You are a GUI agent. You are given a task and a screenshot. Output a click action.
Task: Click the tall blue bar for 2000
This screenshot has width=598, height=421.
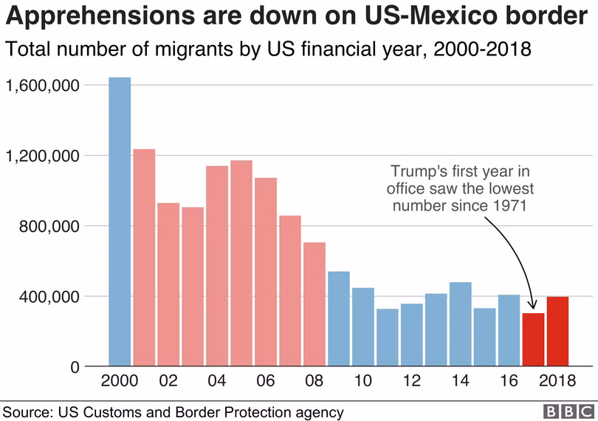coord(120,222)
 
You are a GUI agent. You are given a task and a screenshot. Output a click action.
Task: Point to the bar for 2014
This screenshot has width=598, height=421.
coord(460,324)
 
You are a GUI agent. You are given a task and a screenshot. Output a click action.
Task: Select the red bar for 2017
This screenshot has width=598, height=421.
coord(533,340)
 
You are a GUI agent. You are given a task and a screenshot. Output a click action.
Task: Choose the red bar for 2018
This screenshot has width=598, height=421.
coord(557,332)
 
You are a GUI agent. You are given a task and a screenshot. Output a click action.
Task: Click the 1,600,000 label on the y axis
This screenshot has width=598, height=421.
coord(42,86)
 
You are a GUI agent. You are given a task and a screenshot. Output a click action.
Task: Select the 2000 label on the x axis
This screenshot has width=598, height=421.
coord(120,382)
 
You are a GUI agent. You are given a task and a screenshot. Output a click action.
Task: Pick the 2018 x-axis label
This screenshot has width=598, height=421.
coord(557,382)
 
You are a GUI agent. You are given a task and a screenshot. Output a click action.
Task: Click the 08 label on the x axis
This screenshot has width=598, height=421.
coord(315,382)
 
